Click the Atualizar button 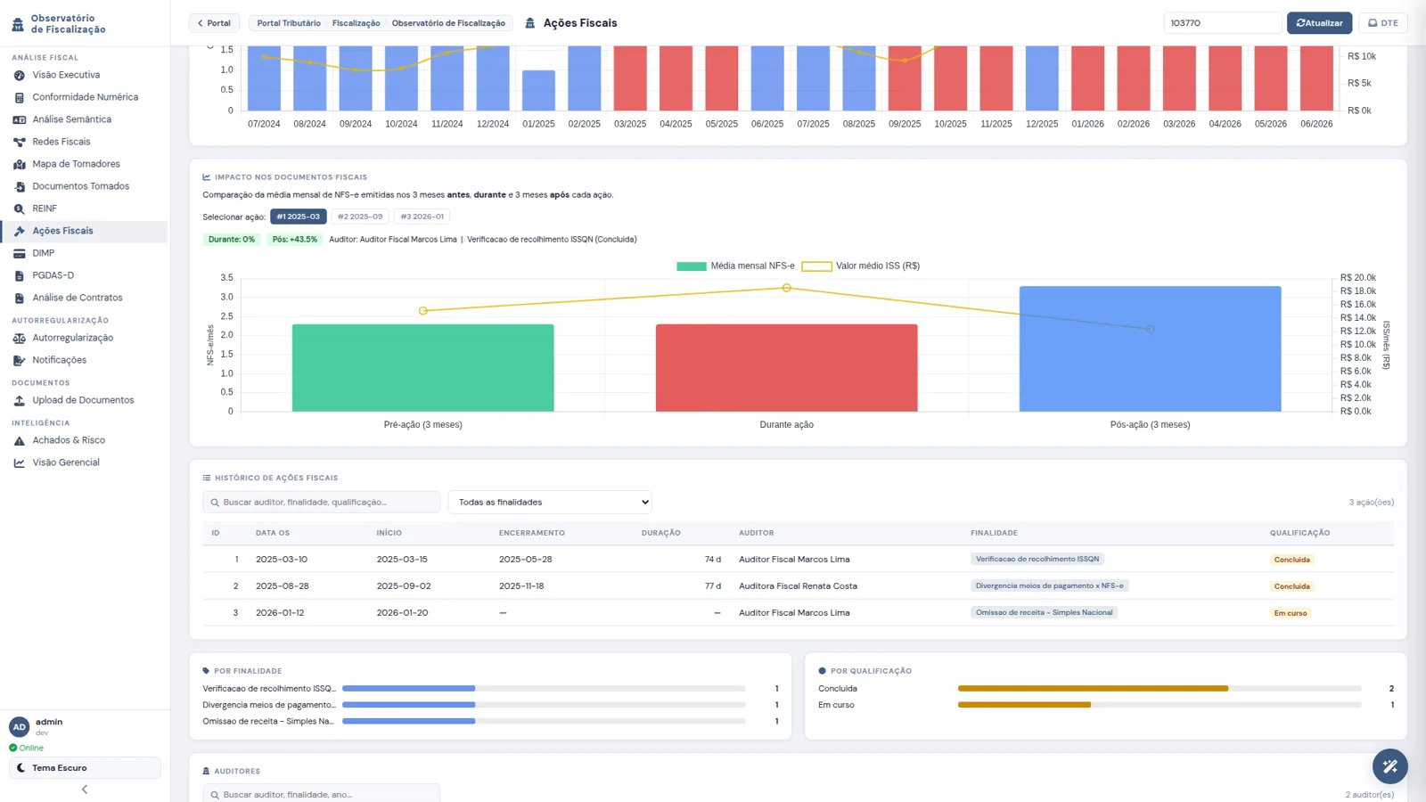(1319, 23)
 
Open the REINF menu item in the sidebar (45, 209)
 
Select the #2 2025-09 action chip (360, 217)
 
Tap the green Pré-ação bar (422, 367)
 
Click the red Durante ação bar (786, 367)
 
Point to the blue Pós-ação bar (1150, 348)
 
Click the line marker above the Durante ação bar (787, 288)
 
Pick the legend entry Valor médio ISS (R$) (860, 266)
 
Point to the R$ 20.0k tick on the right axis (1358, 277)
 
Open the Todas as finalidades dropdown (549, 503)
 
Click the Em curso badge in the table (1291, 613)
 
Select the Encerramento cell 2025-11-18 (521, 585)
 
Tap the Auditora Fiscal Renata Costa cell (798, 585)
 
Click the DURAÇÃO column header (660, 533)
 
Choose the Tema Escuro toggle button (85, 767)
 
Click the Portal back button (214, 23)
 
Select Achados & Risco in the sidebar (69, 440)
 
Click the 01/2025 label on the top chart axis (538, 124)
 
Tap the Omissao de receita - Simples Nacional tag (1044, 612)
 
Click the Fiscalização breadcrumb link (356, 23)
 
